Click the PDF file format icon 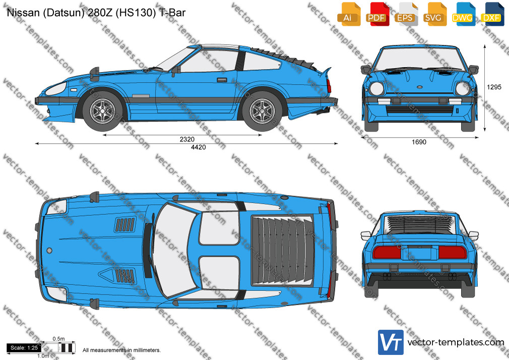[377, 14]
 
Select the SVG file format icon [434, 14]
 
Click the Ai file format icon [349, 14]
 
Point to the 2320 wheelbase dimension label [187, 139]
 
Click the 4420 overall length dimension [199, 147]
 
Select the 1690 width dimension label [419, 142]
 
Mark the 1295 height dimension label [494, 87]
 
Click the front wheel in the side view [102, 110]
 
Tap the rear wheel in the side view [262, 110]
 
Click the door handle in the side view [222, 80]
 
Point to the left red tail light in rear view [387, 253]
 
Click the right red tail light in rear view [453, 253]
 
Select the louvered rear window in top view [282, 250]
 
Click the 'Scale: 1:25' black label [24, 348]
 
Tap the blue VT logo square [391, 342]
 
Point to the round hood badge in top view [49, 251]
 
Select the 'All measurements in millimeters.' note [121, 350]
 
